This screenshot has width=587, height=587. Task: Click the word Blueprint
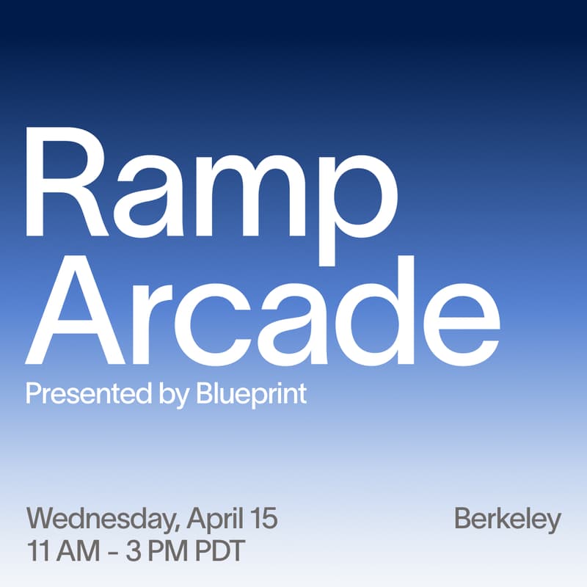pos(251,394)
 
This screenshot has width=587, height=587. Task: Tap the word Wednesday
pos(101,519)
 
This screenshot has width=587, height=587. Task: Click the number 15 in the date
pos(263,519)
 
